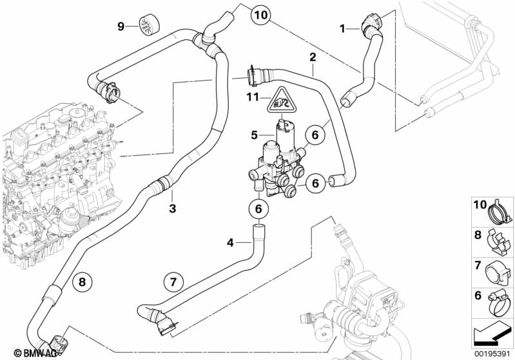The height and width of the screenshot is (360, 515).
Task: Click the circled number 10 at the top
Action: pos(260,13)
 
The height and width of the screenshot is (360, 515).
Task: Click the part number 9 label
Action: pos(121,26)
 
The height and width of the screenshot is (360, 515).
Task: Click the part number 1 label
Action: pos(343,28)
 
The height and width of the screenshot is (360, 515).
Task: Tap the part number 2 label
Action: pos(312,58)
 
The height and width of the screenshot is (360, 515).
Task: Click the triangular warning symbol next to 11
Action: pos(281,100)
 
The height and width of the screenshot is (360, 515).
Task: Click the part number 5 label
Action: pos(254,135)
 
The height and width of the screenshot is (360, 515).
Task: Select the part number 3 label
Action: pos(172,208)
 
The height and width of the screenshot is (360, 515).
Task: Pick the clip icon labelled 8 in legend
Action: pos(498,238)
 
